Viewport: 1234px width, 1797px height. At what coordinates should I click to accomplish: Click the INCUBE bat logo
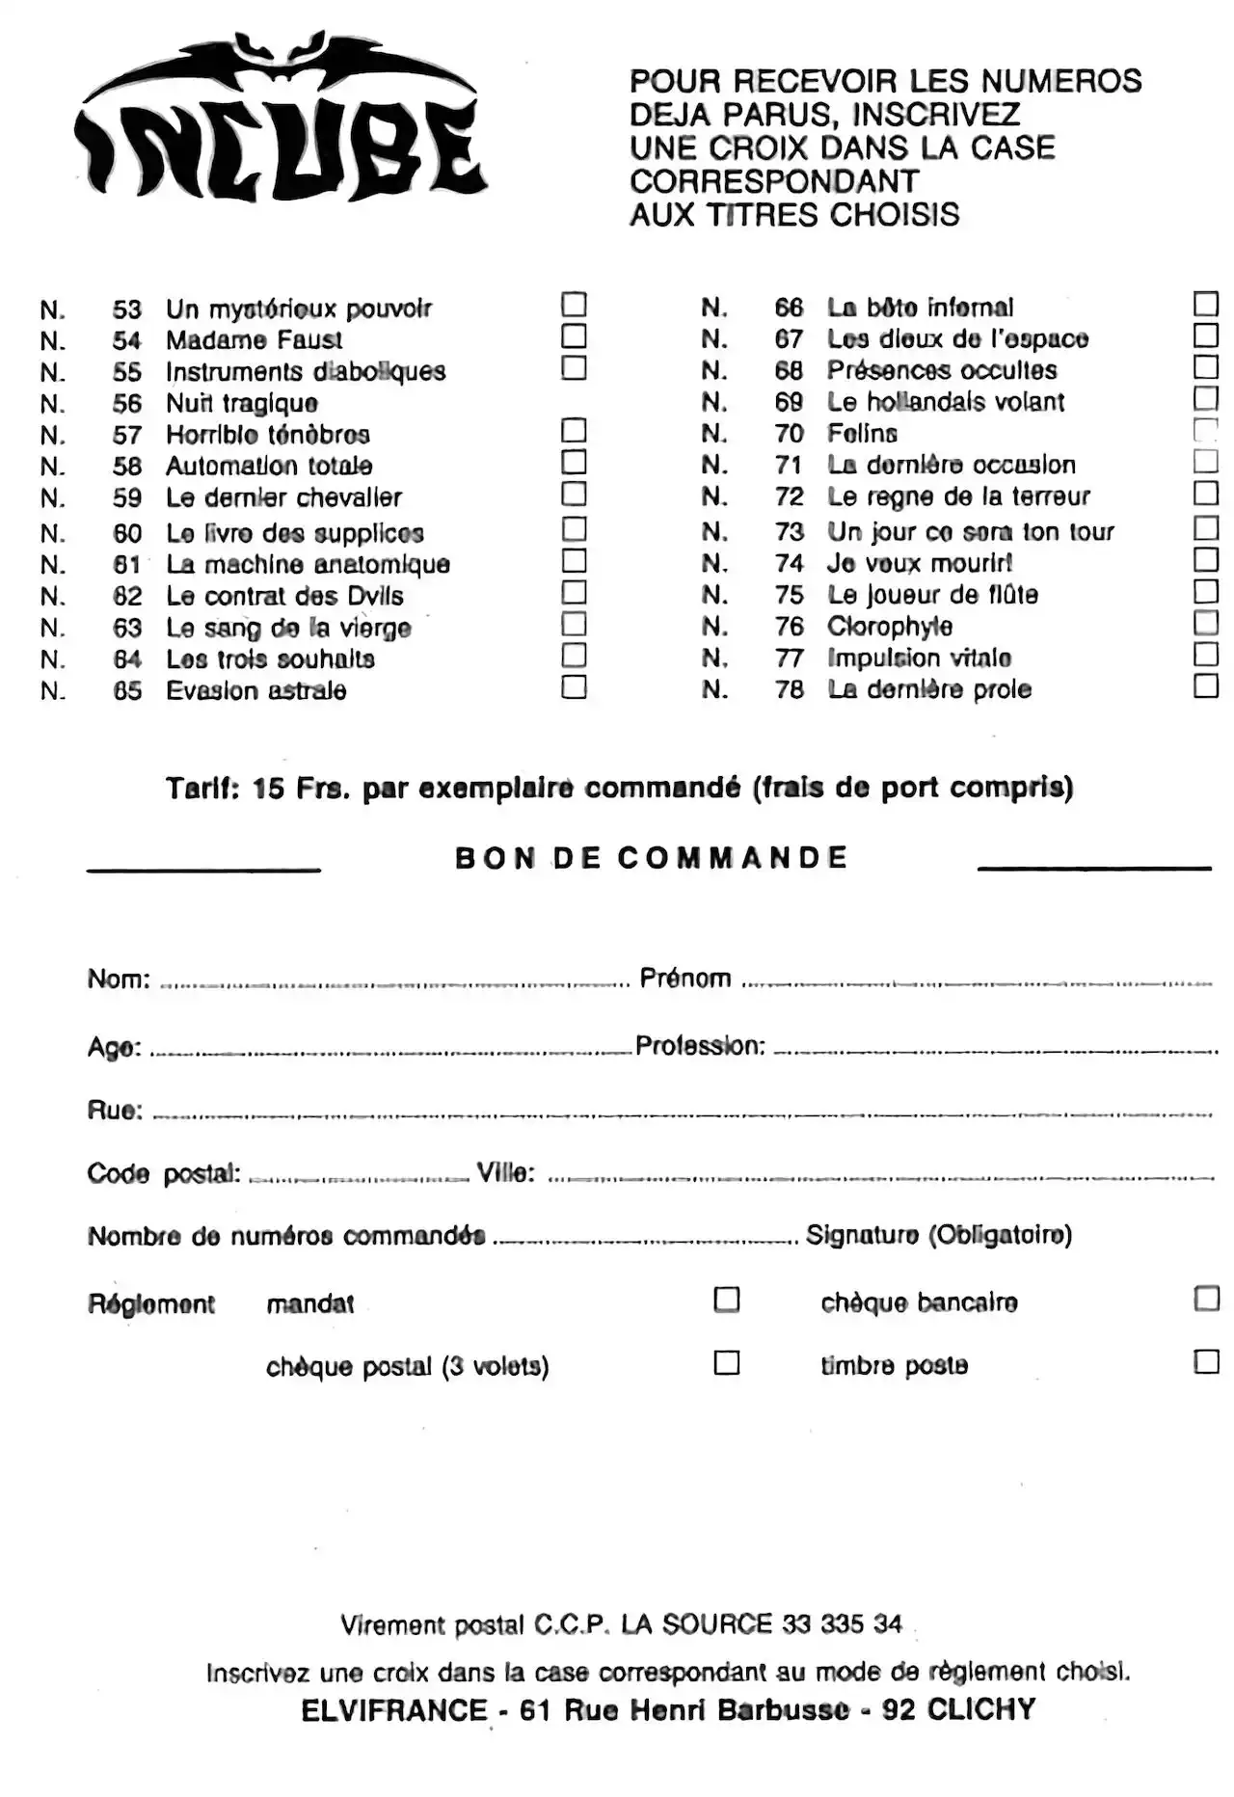click(279, 121)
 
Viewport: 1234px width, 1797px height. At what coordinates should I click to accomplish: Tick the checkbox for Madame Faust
click(574, 336)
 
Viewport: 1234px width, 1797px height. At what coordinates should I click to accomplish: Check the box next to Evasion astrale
click(574, 686)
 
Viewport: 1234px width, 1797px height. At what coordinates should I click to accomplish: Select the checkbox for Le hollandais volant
click(1206, 398)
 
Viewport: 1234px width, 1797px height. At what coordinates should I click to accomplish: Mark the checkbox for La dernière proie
click(1206, 685)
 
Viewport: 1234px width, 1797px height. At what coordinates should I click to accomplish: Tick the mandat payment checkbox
click(727, 1300)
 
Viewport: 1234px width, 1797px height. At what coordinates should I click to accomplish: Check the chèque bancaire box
click(1206, 1299)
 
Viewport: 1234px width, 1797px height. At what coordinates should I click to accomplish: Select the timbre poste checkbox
click(1206, 1361)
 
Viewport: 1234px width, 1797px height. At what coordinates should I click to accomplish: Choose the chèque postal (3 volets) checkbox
click(727, 1362)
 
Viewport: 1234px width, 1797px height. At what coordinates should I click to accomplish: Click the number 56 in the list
click(127, 404)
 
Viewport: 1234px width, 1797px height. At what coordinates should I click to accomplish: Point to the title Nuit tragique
click(242, 403)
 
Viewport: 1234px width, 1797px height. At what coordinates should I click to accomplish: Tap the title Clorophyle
click(890, 627)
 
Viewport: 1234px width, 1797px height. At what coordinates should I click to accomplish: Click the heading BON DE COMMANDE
click(652, 857)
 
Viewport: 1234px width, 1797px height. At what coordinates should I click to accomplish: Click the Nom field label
click(119, 979)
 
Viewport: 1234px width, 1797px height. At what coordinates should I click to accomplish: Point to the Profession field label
click(701, 1046)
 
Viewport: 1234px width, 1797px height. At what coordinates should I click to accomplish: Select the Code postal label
click(164, 1173)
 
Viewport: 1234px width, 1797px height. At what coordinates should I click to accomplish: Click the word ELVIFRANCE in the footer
click(394, 1710)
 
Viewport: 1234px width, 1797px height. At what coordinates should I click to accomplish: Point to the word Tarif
click(202, 789)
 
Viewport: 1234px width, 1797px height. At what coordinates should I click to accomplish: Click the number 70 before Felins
click(789, 434)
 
